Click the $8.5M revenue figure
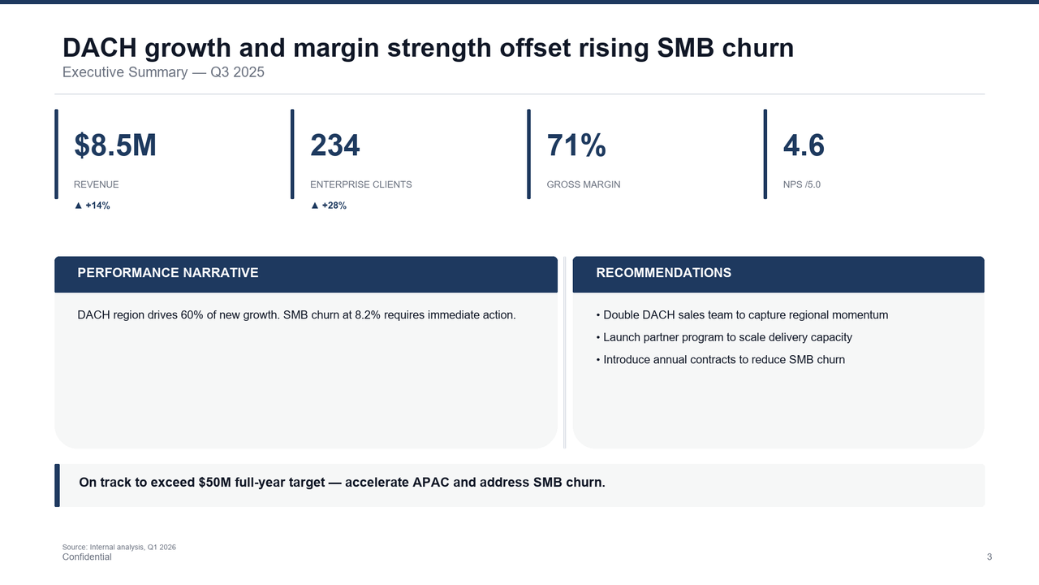(x=115, y=146)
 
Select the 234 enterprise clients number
(x=335, y=146)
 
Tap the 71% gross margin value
(x=576, y=146)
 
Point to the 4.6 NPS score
(x=804, y=146)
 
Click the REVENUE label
(x=97, y=184)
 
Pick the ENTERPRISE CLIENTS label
(x=361, y=184)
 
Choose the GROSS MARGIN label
(x=584, y=184)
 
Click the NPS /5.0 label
(x=802, y=184)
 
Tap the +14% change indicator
(x=93, y=206)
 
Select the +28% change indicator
(x=329, y=206)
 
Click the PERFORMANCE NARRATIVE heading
(x=168, y=273)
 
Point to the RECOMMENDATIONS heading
(x=663, y=273)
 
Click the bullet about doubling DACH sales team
(x=742, y=314)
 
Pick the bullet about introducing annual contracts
(x=721, y=359)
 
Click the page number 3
(x=989, y=557)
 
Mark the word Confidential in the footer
(x=87, y=557)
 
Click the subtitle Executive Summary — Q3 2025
(x=163, y=72)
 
